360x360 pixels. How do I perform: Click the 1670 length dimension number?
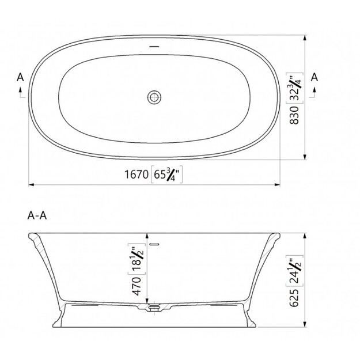click(137, 175)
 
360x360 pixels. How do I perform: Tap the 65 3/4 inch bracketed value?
click(166, 175)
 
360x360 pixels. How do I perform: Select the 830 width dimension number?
click(294, 115)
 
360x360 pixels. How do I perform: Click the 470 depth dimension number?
click(137, 286)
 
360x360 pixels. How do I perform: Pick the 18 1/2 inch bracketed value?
click(137, 259)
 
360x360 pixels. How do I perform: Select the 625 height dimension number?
click(294, 298)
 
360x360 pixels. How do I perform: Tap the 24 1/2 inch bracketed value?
click(294, 271)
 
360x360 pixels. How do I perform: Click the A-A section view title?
click(37, 215)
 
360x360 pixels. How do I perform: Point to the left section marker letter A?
click(20, 77)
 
